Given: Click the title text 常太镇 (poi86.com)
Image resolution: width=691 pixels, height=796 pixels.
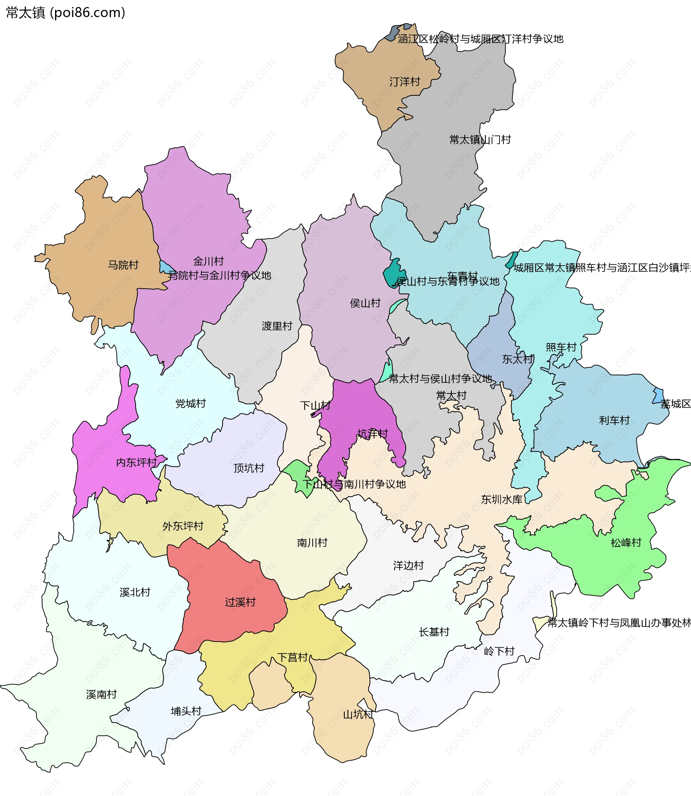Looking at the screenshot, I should [x=66, y=13].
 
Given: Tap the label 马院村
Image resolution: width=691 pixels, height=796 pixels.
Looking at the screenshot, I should [x=123, y=265].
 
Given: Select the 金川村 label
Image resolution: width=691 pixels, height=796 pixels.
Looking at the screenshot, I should [x=208, y=261].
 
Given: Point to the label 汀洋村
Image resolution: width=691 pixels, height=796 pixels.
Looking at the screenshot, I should [x=405, y=82].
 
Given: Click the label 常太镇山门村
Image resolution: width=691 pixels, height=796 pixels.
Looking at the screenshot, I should [x=480, y=140].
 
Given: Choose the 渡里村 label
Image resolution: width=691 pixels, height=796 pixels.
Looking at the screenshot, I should [x=277, y=326].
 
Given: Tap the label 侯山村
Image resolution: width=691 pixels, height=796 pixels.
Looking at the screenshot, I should [x=365, y=303].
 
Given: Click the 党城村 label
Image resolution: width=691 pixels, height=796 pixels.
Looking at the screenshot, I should [x=190, y=403].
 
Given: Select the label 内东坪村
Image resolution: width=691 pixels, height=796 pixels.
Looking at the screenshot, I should [x=136, y=462].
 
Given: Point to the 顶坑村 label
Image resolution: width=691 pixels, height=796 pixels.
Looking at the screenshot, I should [x=249, y=468].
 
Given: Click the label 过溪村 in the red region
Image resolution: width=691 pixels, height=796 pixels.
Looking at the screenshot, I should [x=240, y=602].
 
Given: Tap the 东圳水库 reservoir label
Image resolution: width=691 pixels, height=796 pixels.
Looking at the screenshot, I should [x=502, y=499].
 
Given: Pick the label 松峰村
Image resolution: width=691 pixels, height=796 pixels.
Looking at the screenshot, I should [x=626, y=543].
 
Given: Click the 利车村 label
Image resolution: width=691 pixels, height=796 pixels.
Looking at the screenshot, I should [x=614, y=420].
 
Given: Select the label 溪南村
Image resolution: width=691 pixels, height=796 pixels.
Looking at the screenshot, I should [x=101, y=694].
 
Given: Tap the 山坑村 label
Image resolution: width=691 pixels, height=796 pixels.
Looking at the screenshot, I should [x=358, y=714].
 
